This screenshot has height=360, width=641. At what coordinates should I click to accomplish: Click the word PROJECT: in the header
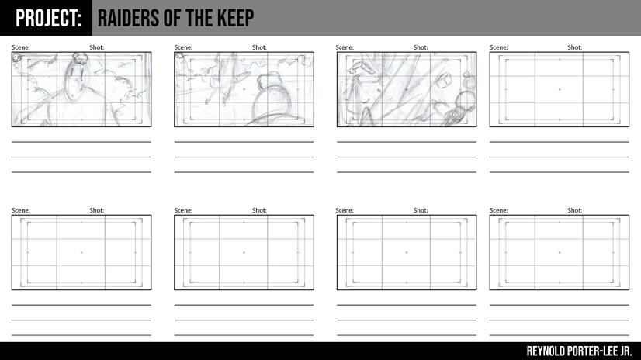pyautogui.click(x=48, y=19)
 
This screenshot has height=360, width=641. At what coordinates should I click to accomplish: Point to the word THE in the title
pyautogui.click(x=200, y=19)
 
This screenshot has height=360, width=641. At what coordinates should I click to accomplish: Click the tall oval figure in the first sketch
pyautogui.click(x=77, y=81)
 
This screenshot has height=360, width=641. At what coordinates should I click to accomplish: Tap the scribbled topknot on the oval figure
pyautogui.click(x=80, y=58)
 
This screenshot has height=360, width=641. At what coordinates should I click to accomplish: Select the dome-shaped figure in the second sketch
pyautogui.click(x=272, y=97)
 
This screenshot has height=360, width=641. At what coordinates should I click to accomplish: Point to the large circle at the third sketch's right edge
pyautogui.click(x=466, y=100)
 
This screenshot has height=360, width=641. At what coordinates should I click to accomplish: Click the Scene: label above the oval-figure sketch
pyautogui.click(x=21, y=47)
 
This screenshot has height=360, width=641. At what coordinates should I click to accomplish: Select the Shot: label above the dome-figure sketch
pyautogui.click(x=260, y=47)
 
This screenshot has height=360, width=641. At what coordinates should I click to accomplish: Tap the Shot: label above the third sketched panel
pyautogui.click(x=421, y=47)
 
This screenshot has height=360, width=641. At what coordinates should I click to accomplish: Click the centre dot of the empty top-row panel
pyautogui.click(x=560, y=89)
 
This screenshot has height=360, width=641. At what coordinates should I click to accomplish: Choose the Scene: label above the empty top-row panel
pyautogui.click(x=499, y=47)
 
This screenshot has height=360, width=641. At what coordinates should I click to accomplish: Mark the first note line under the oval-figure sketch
pyautogui.click(x=81, y=142)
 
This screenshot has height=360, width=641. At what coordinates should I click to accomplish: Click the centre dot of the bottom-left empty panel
pyautogui.click(x=81, y=252)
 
